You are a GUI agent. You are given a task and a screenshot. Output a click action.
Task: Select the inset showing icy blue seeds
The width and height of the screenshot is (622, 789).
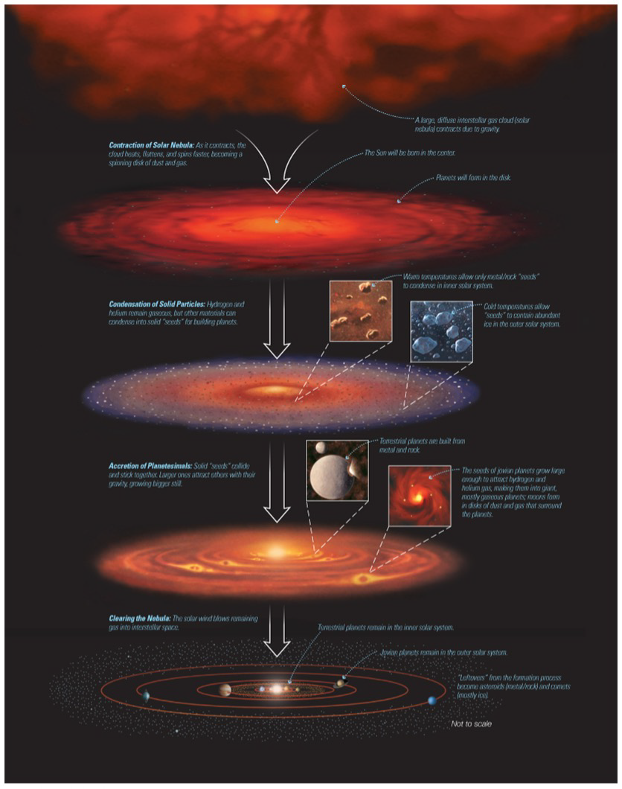441,331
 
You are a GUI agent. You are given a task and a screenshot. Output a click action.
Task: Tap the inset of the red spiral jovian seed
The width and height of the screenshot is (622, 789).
419,495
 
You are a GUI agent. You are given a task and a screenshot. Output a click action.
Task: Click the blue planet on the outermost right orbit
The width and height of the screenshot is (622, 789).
433,700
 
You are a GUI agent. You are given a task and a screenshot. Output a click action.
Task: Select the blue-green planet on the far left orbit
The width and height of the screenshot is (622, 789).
146,696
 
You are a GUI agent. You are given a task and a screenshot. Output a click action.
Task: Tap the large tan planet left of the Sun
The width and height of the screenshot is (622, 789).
225,690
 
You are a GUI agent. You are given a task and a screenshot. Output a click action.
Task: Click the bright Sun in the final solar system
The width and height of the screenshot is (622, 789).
277,689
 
